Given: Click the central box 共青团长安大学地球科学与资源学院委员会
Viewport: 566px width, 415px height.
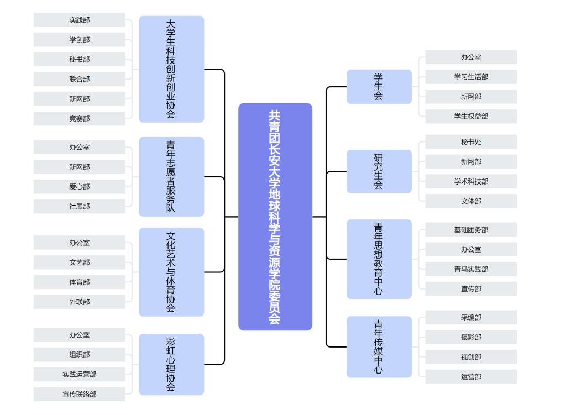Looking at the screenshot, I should (x=275, y=217).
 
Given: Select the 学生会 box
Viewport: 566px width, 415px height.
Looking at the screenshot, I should (x=379, y=87).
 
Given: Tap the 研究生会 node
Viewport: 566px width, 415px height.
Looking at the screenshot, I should (x=379, y=171).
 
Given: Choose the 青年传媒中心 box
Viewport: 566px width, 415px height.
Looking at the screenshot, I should (x=379, y=346).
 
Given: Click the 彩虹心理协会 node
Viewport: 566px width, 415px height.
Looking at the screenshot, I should (x=171, y=364).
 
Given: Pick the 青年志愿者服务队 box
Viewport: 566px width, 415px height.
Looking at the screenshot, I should (x=171, y=177).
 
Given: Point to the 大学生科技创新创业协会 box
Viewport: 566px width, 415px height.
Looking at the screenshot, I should (x=171, y=69).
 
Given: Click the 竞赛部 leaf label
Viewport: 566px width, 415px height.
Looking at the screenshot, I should (x=80, y=119).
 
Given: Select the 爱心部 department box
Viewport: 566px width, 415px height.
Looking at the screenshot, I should (x=80, y=187).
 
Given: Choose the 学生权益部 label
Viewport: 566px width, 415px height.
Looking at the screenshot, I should (x=471, y=117).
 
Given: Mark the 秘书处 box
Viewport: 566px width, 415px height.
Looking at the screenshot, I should (x=471, y=142).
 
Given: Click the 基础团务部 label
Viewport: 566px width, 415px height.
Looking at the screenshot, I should (x=471, y=230).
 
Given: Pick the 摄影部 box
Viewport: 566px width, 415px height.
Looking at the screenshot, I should (x=471, y=337).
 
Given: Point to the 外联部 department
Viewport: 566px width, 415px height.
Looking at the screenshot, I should (x=80, y=302).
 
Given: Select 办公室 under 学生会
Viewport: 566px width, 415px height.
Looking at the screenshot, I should (x=471, y=57).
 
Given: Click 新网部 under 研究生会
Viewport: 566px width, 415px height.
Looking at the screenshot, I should (x=471, y=162).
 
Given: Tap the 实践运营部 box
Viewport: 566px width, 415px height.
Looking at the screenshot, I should (x=80, y=375).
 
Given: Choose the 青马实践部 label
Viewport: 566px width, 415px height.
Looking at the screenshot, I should (x=471, y=270).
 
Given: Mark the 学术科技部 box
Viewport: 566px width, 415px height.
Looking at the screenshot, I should (x=471, y=182).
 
